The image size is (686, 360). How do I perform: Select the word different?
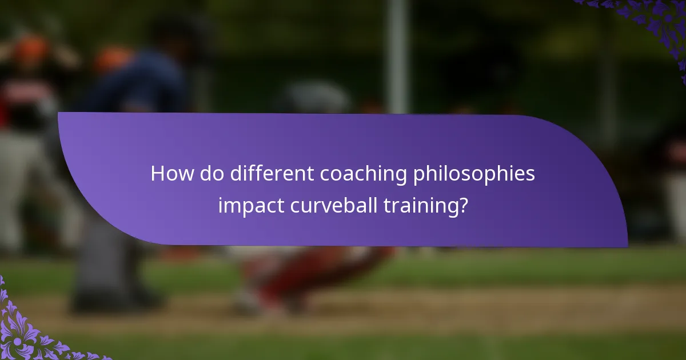272,174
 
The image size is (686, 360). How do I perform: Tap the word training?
421,205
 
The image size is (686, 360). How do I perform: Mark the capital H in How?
157,174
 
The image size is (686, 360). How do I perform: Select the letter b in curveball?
352,204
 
